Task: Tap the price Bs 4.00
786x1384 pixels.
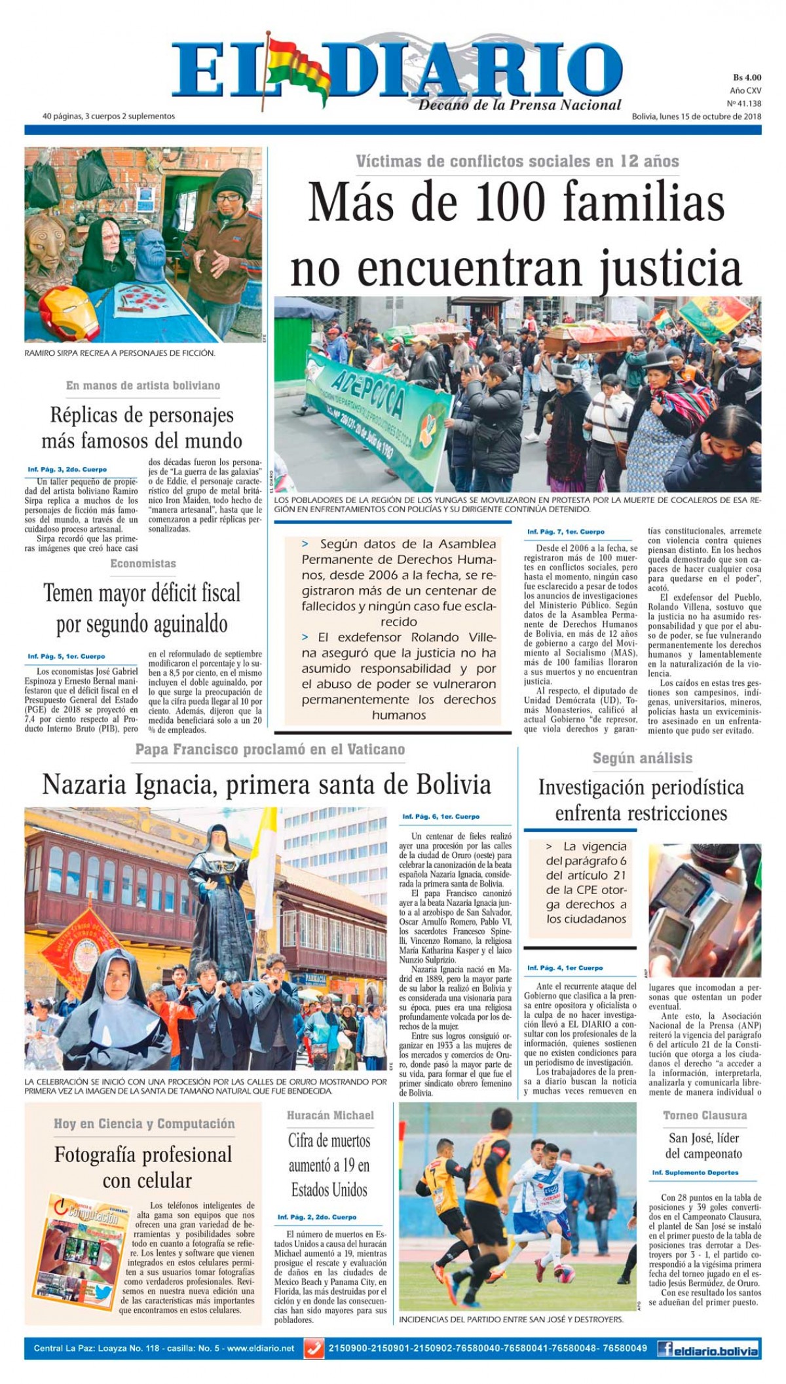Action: [x=747, y=78]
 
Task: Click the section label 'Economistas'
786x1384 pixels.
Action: [x=143, y=563]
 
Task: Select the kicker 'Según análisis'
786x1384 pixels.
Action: [x=642, y=758]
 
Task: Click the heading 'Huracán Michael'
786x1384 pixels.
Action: [x=330, y=1115]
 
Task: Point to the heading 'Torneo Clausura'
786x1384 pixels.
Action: [x=704, y=1115]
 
